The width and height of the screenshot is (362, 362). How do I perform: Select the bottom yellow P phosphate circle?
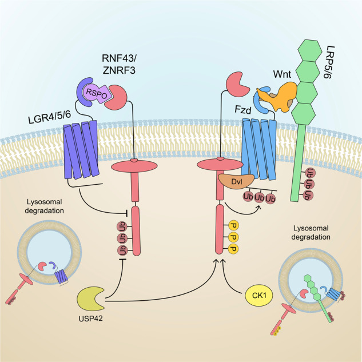pos(233,248)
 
